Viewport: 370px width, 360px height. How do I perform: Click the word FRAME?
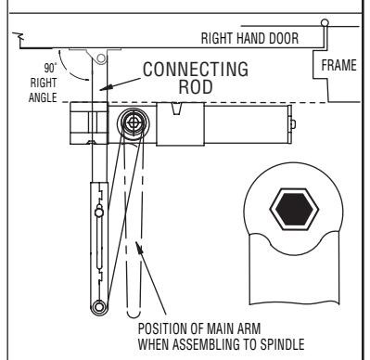tap(338, 65)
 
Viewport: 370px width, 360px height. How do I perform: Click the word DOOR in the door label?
tap(284, 38)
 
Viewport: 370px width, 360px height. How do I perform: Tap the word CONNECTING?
tap(196, 70)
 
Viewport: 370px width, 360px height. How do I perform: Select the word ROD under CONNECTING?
tap(196, 87)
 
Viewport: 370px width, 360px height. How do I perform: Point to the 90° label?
tap(50, 68)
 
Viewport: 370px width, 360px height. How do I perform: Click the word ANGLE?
tap(43, 97)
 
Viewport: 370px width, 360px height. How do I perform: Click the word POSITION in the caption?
tap(163, 328)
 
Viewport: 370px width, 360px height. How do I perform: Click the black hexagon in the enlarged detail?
tap(294, 209)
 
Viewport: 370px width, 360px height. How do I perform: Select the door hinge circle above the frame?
tap(325, 23)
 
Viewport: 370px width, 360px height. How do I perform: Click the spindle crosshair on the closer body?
tap(134, 122)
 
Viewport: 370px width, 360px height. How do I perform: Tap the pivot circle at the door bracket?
tap(101, 58)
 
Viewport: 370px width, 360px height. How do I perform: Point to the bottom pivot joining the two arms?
tap(99, 307)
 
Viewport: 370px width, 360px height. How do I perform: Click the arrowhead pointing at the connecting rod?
tap(105, 87)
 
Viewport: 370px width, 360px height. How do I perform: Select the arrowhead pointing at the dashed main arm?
tap(140, 247)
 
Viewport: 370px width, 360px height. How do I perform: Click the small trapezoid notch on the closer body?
tap(176, 109)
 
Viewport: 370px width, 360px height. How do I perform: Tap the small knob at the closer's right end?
tap(293, 124)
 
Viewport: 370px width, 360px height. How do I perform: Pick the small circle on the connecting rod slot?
tap(98, 212)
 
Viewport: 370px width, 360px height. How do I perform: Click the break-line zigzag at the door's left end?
tap(19, 38)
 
